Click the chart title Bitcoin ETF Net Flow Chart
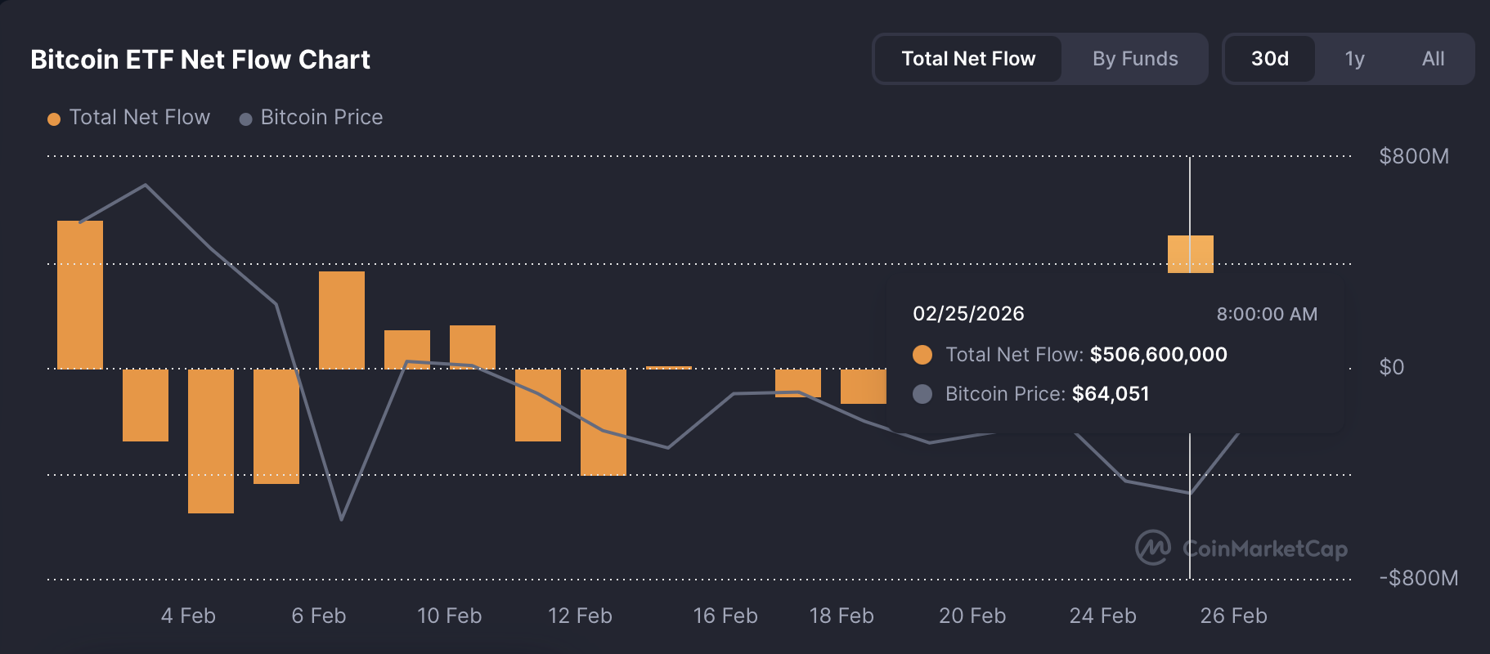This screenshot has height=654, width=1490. point(200,60)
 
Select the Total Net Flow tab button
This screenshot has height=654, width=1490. point(968,59)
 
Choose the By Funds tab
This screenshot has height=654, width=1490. point(1135,59)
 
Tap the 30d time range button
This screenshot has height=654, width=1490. point(1269,59)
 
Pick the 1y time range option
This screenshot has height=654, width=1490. point(1354,59)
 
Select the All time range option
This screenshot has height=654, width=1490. point(1433,59)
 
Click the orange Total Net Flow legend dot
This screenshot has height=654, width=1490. point(54,119)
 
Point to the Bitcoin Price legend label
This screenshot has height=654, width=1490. point(321,118)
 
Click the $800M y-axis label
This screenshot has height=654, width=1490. point(1413,156)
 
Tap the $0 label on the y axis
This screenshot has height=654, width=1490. point(1391,367)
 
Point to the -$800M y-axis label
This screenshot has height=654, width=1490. point(1418,578)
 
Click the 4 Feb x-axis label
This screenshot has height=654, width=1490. point(188,616)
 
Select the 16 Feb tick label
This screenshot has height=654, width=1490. point(725,616)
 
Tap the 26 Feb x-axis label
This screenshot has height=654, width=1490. point(1233,616)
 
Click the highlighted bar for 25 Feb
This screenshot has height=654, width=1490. point(1190,253)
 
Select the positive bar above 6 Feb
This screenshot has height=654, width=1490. point(342,320)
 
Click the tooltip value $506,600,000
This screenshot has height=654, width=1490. point(1158,355)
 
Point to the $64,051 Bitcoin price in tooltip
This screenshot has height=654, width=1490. point(1110,394)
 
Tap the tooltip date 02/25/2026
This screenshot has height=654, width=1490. point(968,314)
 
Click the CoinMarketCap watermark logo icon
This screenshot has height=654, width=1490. point(1152,548)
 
